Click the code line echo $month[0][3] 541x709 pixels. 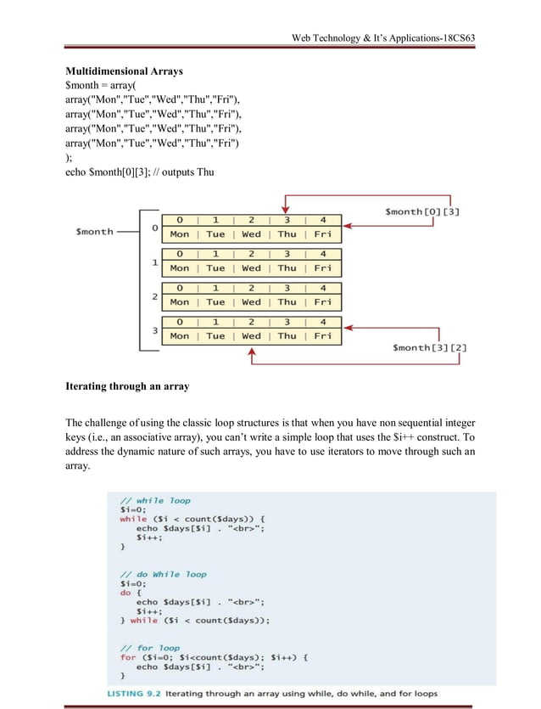139,173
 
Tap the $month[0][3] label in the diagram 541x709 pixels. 422,211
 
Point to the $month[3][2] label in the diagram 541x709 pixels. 428,347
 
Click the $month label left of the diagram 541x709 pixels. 95,231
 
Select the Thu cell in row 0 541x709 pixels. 287,234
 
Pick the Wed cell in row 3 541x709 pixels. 252,336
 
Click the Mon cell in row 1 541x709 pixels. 180,268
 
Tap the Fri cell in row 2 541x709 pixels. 323,302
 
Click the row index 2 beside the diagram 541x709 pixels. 154,296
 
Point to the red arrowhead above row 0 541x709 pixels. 287,211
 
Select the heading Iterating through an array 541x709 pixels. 127,386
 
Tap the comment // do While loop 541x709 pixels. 163,574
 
